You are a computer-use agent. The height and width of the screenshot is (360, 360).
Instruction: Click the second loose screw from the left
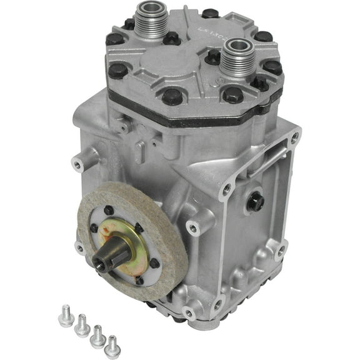point(81,326)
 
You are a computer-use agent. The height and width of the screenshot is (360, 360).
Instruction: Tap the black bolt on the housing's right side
point(254,201)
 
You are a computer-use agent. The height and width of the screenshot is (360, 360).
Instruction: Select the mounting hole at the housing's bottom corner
point(189,311)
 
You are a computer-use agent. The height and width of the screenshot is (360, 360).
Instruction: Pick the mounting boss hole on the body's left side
point(77,165)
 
